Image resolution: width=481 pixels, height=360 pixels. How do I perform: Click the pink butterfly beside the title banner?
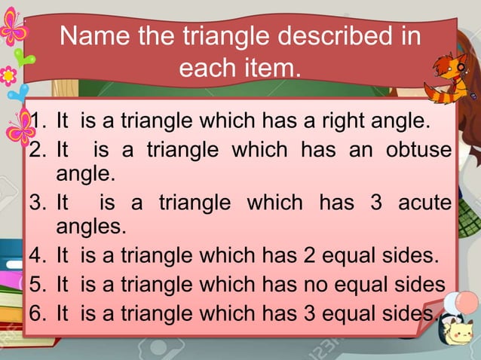click(13, 28)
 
